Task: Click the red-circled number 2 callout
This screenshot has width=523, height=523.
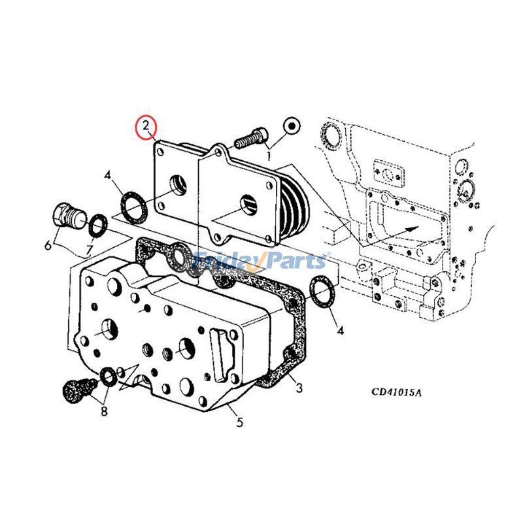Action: point(146,125)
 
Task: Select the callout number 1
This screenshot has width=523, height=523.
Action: point(267,155)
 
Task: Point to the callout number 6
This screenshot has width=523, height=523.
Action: point(48,246)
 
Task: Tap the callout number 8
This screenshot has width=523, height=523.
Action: point(103,411)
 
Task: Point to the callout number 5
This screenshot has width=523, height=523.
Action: point(239,422)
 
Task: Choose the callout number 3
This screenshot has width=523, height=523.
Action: point(299,388)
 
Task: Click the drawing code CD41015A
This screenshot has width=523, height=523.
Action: point(397,392)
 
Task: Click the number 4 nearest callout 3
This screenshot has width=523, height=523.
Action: point(340,330)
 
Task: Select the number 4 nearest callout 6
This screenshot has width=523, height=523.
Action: point(109,175)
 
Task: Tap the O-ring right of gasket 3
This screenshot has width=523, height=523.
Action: point(321,292)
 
